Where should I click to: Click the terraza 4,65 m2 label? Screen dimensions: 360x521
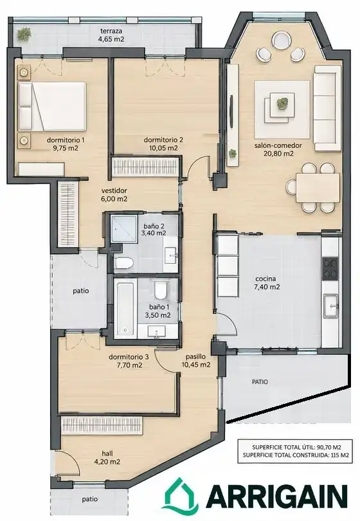pyautogui.click(x=111, y=35)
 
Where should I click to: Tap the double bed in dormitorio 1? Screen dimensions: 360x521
pyautogui.click(x=52, y=106)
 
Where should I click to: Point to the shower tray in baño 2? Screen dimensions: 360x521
pyautogui.click(x=123, y=228)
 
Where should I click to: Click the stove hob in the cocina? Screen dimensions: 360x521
pyautogui.click(x=330, y=268)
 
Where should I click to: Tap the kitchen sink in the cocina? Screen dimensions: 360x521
pyautogui.click(x=331, y=306)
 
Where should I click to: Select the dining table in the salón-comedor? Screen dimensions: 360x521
pyautogui.click(x=318, y=187)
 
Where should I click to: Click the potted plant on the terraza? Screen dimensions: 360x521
pyautogui.click(x=24, y=33)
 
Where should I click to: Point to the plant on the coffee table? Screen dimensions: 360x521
pyautogui.click(x=282, y=103)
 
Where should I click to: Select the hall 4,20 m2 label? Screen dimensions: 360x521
pyautogui.click(x=107, y=457)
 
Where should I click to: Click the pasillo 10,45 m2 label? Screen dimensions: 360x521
pyautogui.click(x=196, y=360)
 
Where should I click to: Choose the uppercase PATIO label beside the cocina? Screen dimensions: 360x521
pyautogui.click(x=260, y=382)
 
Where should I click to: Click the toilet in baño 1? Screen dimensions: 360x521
pyautogui.click(x=161, y=290)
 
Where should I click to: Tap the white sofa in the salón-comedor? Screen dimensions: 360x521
pyautogui.click(x=327, y=108)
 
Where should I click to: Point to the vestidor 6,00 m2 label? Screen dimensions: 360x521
pyautogui.click(x=114, y=195)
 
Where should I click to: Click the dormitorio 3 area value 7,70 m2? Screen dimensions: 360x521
pyautogui.click(x=129, y=365)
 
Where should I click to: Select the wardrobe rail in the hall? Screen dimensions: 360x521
pyautogui.click(x=102, y=425)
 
